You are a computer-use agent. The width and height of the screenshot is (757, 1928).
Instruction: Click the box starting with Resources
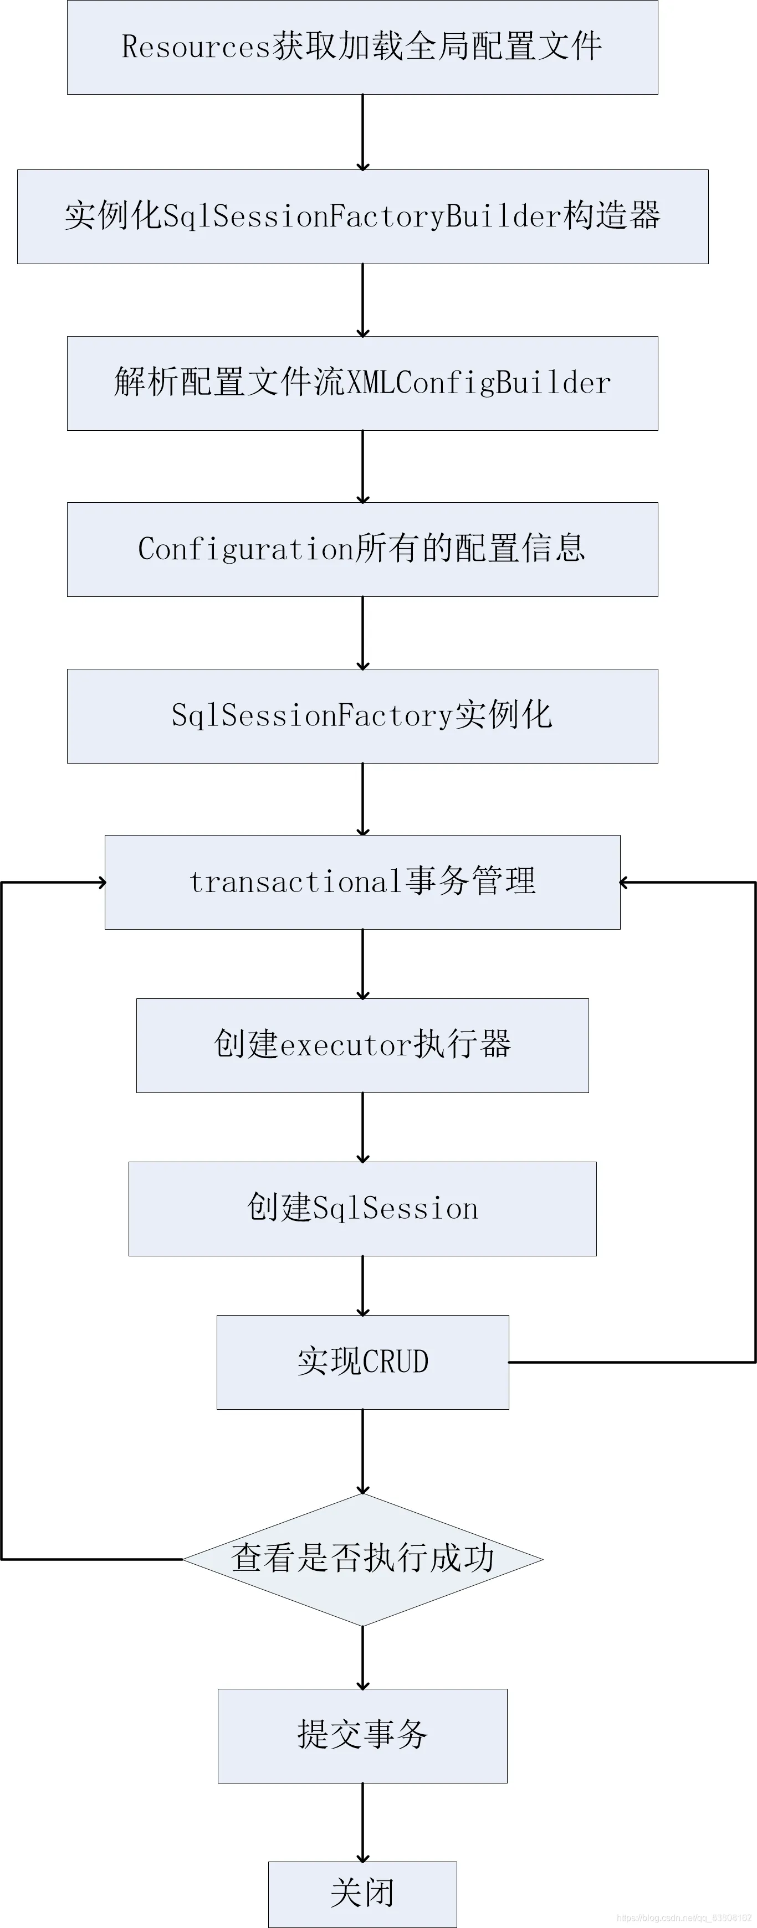tap(362, 47)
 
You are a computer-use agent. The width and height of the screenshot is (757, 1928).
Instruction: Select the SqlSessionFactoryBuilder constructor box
tap(362, 216)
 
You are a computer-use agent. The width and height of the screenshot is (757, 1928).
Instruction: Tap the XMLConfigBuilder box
tap(362, 383)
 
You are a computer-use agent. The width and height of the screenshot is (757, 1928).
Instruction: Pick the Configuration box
tap(362, 549)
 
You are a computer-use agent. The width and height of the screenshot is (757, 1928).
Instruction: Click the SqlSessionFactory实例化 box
tap(362, 715)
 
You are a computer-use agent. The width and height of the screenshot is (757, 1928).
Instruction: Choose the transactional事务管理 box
tap(362, 881)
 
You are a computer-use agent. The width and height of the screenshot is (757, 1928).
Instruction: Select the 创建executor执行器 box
tap(362, 1045)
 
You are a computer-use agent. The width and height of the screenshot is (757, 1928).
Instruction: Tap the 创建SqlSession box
tap(362, 1209)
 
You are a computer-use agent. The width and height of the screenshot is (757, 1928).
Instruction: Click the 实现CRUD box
tap(362, 1362)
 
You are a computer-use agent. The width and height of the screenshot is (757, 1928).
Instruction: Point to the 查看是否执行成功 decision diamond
tap(362, 1560)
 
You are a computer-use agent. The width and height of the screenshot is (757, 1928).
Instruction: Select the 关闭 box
tap(362, 1894)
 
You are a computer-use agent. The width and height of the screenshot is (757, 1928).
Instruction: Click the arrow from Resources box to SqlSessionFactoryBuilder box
tap(362, 132)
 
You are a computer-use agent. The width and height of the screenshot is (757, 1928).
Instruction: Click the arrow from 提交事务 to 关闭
tap(362, 1822)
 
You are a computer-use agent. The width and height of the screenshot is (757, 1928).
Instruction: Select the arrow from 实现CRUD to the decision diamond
tap(362, 1452)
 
